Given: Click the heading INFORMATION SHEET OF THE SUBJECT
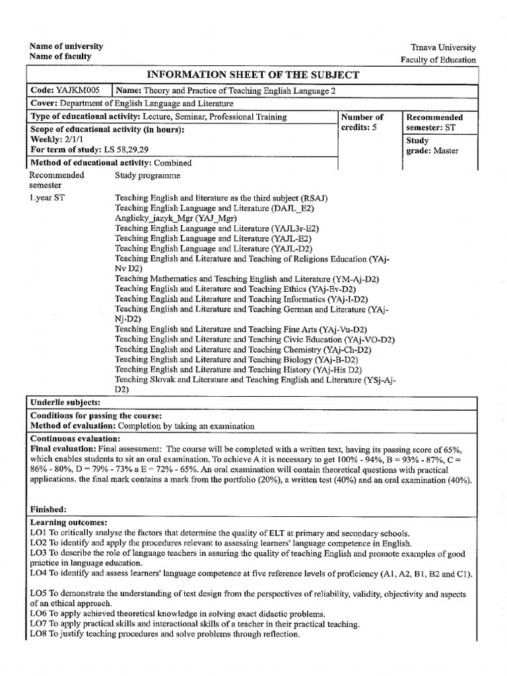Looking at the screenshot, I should (x=252, y=75).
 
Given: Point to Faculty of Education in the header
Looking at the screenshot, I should (x=438, y=59).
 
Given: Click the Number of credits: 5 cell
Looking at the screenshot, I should (x=360, y=122).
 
